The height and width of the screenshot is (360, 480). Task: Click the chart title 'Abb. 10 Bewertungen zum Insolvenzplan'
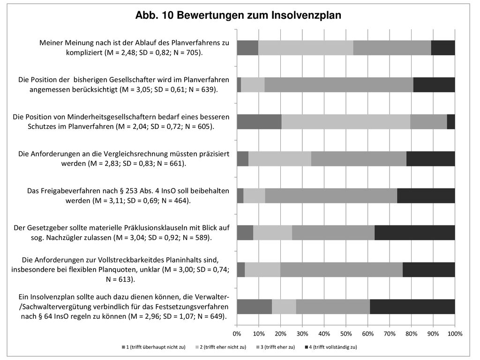[238, 15]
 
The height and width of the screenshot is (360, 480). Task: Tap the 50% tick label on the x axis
[346, 334]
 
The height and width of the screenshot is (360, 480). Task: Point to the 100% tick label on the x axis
[455, 334]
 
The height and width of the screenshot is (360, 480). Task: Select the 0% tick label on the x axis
[237, 334]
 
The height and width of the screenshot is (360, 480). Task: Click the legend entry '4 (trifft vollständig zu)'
[331, 347]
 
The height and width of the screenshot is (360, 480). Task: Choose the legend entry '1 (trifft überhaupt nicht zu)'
[154, 347]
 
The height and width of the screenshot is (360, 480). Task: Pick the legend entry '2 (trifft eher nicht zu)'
[221, 347]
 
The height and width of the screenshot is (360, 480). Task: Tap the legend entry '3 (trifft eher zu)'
[276, 347]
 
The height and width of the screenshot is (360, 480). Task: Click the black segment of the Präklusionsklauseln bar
[415, 232]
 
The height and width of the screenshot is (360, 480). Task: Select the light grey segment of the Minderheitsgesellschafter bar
[346, 121]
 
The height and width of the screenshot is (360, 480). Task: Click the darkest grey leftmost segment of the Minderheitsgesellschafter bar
[259, 121]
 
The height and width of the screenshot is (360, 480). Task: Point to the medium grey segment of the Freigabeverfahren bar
[331, 195]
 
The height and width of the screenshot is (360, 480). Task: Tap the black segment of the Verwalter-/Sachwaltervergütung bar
[412, 307]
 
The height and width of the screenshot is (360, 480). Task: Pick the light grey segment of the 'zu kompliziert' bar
[306, 48]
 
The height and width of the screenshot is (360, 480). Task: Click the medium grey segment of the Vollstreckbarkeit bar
[342, 270]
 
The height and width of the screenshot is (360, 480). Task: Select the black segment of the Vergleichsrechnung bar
[431, 158]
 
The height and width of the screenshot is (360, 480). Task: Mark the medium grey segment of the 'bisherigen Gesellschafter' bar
[339, 85]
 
